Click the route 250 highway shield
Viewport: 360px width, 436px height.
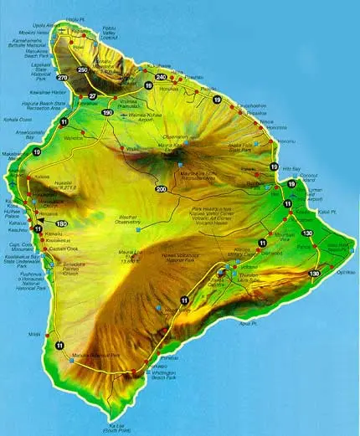pos(83,69)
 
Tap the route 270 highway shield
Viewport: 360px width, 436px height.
pos(62,78)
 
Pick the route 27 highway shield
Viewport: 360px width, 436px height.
pos(94,96)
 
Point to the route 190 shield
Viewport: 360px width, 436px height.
pos(107,112)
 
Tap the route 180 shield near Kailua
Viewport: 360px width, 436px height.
pos(61,223)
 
